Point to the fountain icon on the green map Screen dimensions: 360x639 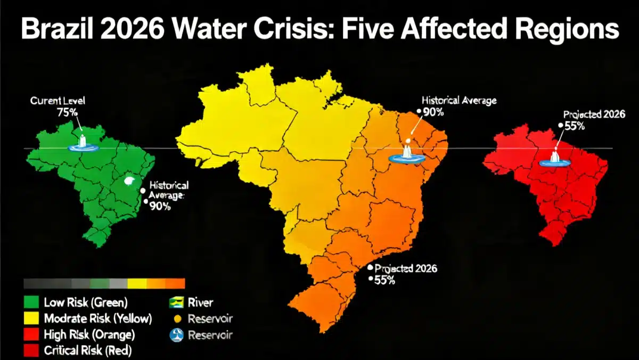click(82, 142)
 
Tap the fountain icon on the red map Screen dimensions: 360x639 click(554, 157)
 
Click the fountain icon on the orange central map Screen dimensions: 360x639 click(407, 151)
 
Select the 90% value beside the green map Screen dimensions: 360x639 click(160, 207)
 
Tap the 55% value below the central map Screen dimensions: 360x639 click(384, 281)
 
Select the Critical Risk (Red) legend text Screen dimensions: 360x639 click(88, 350)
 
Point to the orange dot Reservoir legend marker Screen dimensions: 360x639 click(177, 319)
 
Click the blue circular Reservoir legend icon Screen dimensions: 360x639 click(177, 334)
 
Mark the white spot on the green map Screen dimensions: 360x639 click(129, 181)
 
